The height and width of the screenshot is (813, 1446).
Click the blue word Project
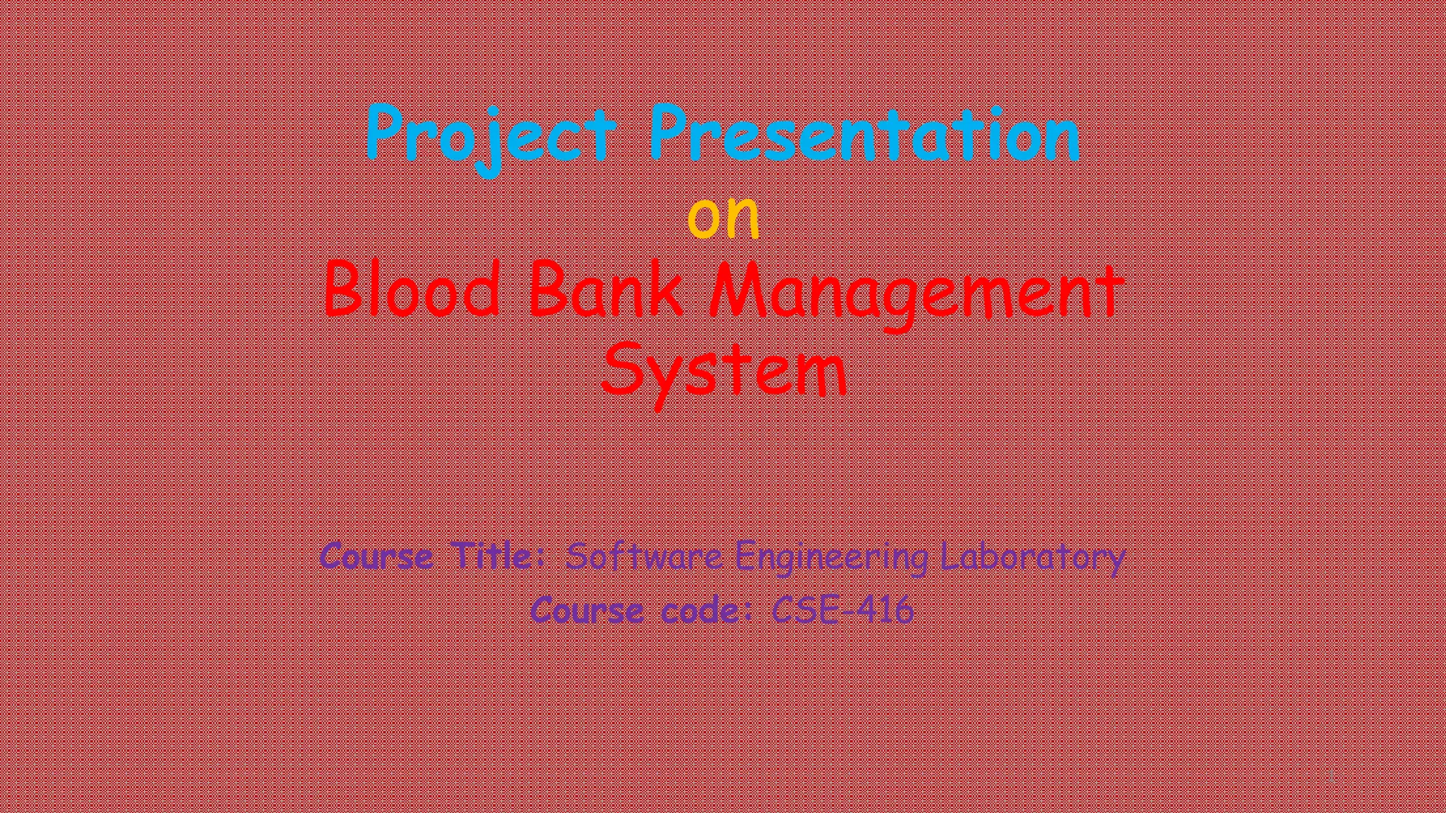coord(491,135)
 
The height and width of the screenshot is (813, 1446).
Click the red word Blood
coord(412,289)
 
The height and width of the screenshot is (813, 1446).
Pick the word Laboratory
coord(1032,558)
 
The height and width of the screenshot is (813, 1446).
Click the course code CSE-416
coord(843,610)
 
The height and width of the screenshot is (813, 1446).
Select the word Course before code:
coord(587,610)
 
